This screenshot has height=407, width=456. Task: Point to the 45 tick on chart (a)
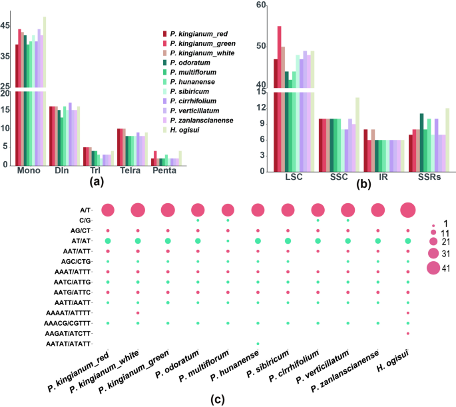click(x=5, y=25)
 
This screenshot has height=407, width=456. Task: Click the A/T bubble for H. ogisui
click(x=408, y=210)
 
